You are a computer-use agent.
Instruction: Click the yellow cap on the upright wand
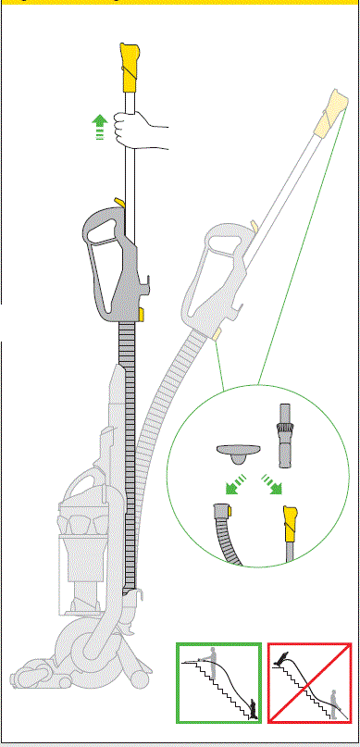[x=129, y=61]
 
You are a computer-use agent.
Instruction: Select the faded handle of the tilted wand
[x=222, y=278]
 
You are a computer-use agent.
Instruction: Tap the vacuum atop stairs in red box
[x=285, y=660]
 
